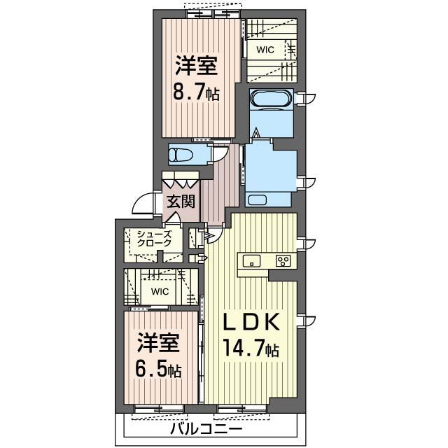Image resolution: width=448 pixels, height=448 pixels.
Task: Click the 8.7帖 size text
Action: click(197, 91)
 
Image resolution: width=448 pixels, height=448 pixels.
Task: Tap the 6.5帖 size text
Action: click(158, 368)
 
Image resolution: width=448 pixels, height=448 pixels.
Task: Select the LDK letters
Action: click(251, 323)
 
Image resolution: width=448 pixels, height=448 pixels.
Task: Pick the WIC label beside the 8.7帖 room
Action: click(265, 50)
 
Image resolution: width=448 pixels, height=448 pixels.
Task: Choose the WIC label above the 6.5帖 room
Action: click(160, 290)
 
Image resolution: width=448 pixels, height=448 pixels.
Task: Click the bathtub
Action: click(270, 99)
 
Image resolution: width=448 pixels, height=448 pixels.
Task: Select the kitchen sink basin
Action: click(252, 261)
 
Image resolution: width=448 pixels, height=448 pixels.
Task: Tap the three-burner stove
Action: click(284, 262)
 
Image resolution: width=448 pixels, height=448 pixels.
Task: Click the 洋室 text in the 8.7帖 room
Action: click(196, 66)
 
